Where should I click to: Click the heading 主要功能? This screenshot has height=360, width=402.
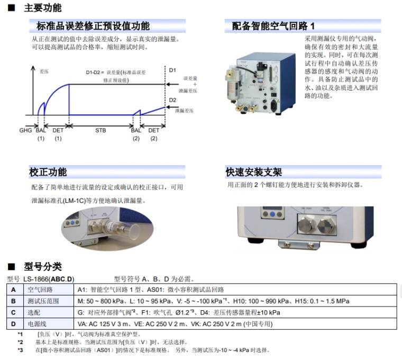coord(42,8)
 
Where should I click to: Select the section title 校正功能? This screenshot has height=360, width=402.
coord(48,172)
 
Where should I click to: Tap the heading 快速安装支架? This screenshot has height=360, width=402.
coord(254,172)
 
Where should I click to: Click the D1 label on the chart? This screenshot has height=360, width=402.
coord(172,70)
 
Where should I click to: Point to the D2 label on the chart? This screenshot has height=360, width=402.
coord(172,100)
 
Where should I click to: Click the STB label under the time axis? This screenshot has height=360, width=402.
coord(100,130)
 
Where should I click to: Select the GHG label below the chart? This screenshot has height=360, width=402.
coord(25,130)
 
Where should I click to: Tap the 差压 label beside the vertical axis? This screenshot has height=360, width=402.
coord(44,71)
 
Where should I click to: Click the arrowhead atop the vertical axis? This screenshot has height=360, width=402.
coord(33,68)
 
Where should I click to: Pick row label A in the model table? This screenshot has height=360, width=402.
coord(13,290)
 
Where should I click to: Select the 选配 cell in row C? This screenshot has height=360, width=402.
coord(34,312)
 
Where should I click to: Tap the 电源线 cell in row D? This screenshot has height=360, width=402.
coord(37,324)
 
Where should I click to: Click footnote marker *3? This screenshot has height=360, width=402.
coord(20,350)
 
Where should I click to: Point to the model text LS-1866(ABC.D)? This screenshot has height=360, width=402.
coord(49,279)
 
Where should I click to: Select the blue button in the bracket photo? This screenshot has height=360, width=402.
coord(272,214)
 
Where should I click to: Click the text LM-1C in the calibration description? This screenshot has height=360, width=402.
coord(75,201)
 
